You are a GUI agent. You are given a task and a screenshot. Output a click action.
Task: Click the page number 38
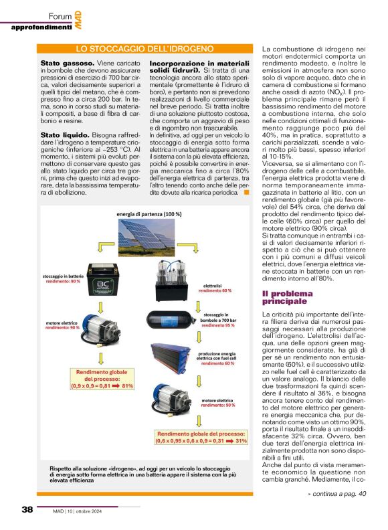[x=27, y=509]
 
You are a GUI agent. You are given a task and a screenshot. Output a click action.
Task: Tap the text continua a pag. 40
[x=337, y=493]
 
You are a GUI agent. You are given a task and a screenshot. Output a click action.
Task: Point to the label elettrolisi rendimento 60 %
[x=217, y=306]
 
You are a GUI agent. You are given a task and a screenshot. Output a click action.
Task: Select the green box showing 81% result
[x=99, y=379]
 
